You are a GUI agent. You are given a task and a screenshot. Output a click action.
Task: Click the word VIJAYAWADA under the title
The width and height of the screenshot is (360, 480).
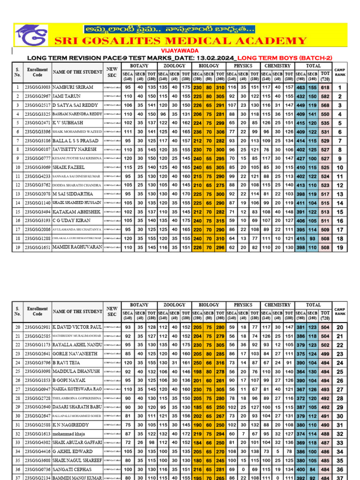pos(180,50)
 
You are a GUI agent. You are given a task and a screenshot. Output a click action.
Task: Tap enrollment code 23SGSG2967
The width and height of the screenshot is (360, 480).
pos(37,96)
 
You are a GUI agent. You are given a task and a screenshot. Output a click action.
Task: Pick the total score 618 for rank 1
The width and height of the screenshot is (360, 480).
pos(325,87)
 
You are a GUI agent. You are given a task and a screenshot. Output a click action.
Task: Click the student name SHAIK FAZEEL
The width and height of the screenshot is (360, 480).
pos(69,167)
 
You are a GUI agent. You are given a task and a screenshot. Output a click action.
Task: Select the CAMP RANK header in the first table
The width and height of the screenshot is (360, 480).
pos(340,72)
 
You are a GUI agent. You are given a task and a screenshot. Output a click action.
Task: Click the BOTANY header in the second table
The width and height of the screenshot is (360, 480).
pos(139,305)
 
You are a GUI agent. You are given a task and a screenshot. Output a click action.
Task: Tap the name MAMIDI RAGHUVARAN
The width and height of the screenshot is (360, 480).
pos(77,247)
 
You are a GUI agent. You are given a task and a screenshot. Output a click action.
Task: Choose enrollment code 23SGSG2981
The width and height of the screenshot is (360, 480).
pos(37,327)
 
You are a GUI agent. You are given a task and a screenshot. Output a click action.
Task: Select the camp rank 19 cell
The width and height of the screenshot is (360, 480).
pos(340,247)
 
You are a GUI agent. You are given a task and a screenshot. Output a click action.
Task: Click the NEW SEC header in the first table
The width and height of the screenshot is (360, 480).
pos(112,72)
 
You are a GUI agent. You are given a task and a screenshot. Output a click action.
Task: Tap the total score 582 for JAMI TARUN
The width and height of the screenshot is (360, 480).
pos(325,96)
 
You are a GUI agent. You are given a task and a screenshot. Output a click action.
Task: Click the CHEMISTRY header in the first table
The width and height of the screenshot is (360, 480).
pos(277,66)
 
